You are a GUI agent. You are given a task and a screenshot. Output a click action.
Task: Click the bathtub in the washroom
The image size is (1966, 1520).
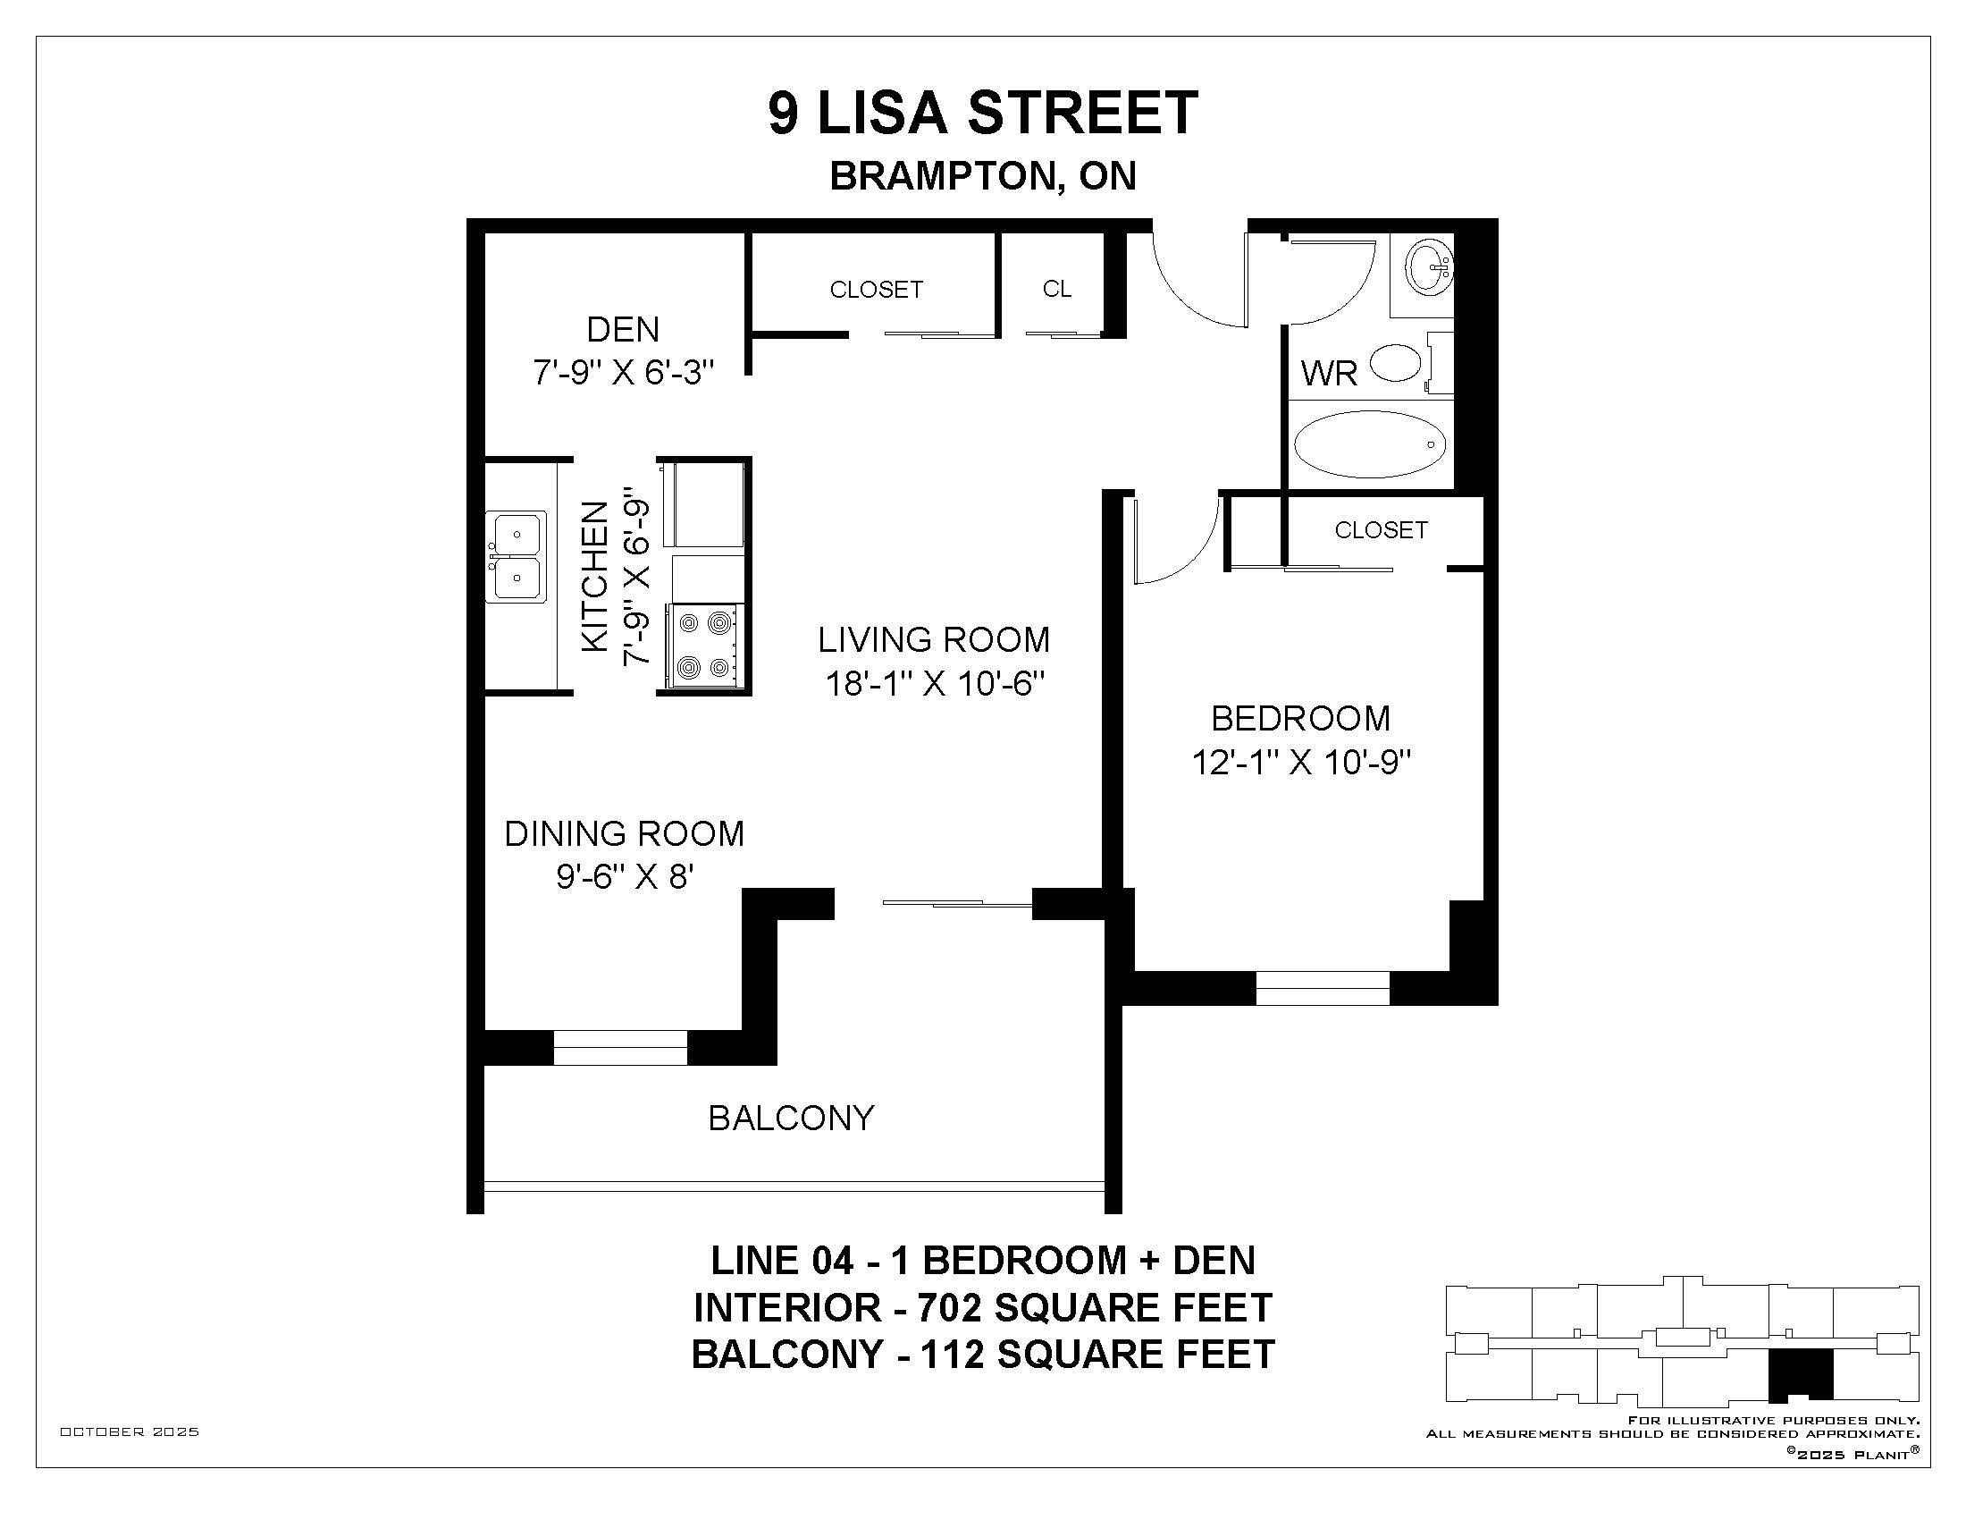1369,444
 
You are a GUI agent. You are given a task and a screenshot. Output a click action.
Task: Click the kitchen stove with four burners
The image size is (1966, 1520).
705,646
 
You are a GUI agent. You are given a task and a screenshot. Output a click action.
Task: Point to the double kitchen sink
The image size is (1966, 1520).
516,556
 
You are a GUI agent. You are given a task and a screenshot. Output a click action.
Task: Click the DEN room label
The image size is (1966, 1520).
623,330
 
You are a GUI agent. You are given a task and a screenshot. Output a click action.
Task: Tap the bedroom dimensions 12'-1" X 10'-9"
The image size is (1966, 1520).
1301,763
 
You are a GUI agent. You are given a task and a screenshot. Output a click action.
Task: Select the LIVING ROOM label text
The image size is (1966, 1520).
934,639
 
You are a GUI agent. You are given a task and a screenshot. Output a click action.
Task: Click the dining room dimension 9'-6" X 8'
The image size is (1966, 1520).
624,875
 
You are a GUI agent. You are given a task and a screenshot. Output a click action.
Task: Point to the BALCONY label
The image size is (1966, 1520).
791,1118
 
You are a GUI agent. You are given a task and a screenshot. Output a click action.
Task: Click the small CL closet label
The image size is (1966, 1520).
1057,289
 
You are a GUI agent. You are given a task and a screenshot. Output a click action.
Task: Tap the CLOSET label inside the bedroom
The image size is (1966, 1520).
1381,529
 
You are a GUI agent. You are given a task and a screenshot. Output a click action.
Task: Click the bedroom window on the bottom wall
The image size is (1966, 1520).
1323,988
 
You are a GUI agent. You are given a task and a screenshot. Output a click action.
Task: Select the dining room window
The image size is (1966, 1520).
619,1048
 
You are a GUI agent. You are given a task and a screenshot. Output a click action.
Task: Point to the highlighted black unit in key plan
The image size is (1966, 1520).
1801,1376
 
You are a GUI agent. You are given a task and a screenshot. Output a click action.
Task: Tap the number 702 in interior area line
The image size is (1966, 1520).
950,1307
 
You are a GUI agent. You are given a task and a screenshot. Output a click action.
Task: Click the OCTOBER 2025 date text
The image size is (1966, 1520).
130,1431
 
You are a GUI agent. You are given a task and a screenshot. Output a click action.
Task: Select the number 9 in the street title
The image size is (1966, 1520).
783,114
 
